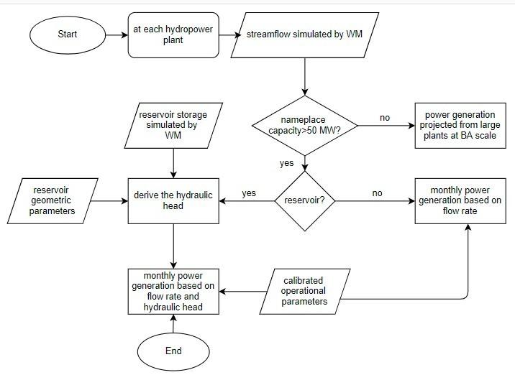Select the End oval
click(173, 351)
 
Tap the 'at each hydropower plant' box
click(173, 34)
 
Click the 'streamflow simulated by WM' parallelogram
click(305, 34)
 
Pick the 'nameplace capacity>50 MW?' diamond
click(305, 125)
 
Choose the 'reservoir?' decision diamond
click(306, 199)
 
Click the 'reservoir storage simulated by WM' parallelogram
click(173, 125)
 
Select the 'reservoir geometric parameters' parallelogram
click(50, 200)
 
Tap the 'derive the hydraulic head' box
click(173, 200)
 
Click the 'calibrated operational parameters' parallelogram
click(303, 291)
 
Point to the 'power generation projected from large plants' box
click(460, 125)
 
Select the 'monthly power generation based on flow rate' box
click(460, 200)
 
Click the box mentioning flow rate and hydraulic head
click(173, 291)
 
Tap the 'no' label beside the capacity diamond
click(386, 117)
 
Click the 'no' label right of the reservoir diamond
click(377, 193)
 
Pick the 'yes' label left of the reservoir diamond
click(248, 193)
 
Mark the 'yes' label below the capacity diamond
click(286, 163)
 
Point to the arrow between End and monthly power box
click(173, 325)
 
